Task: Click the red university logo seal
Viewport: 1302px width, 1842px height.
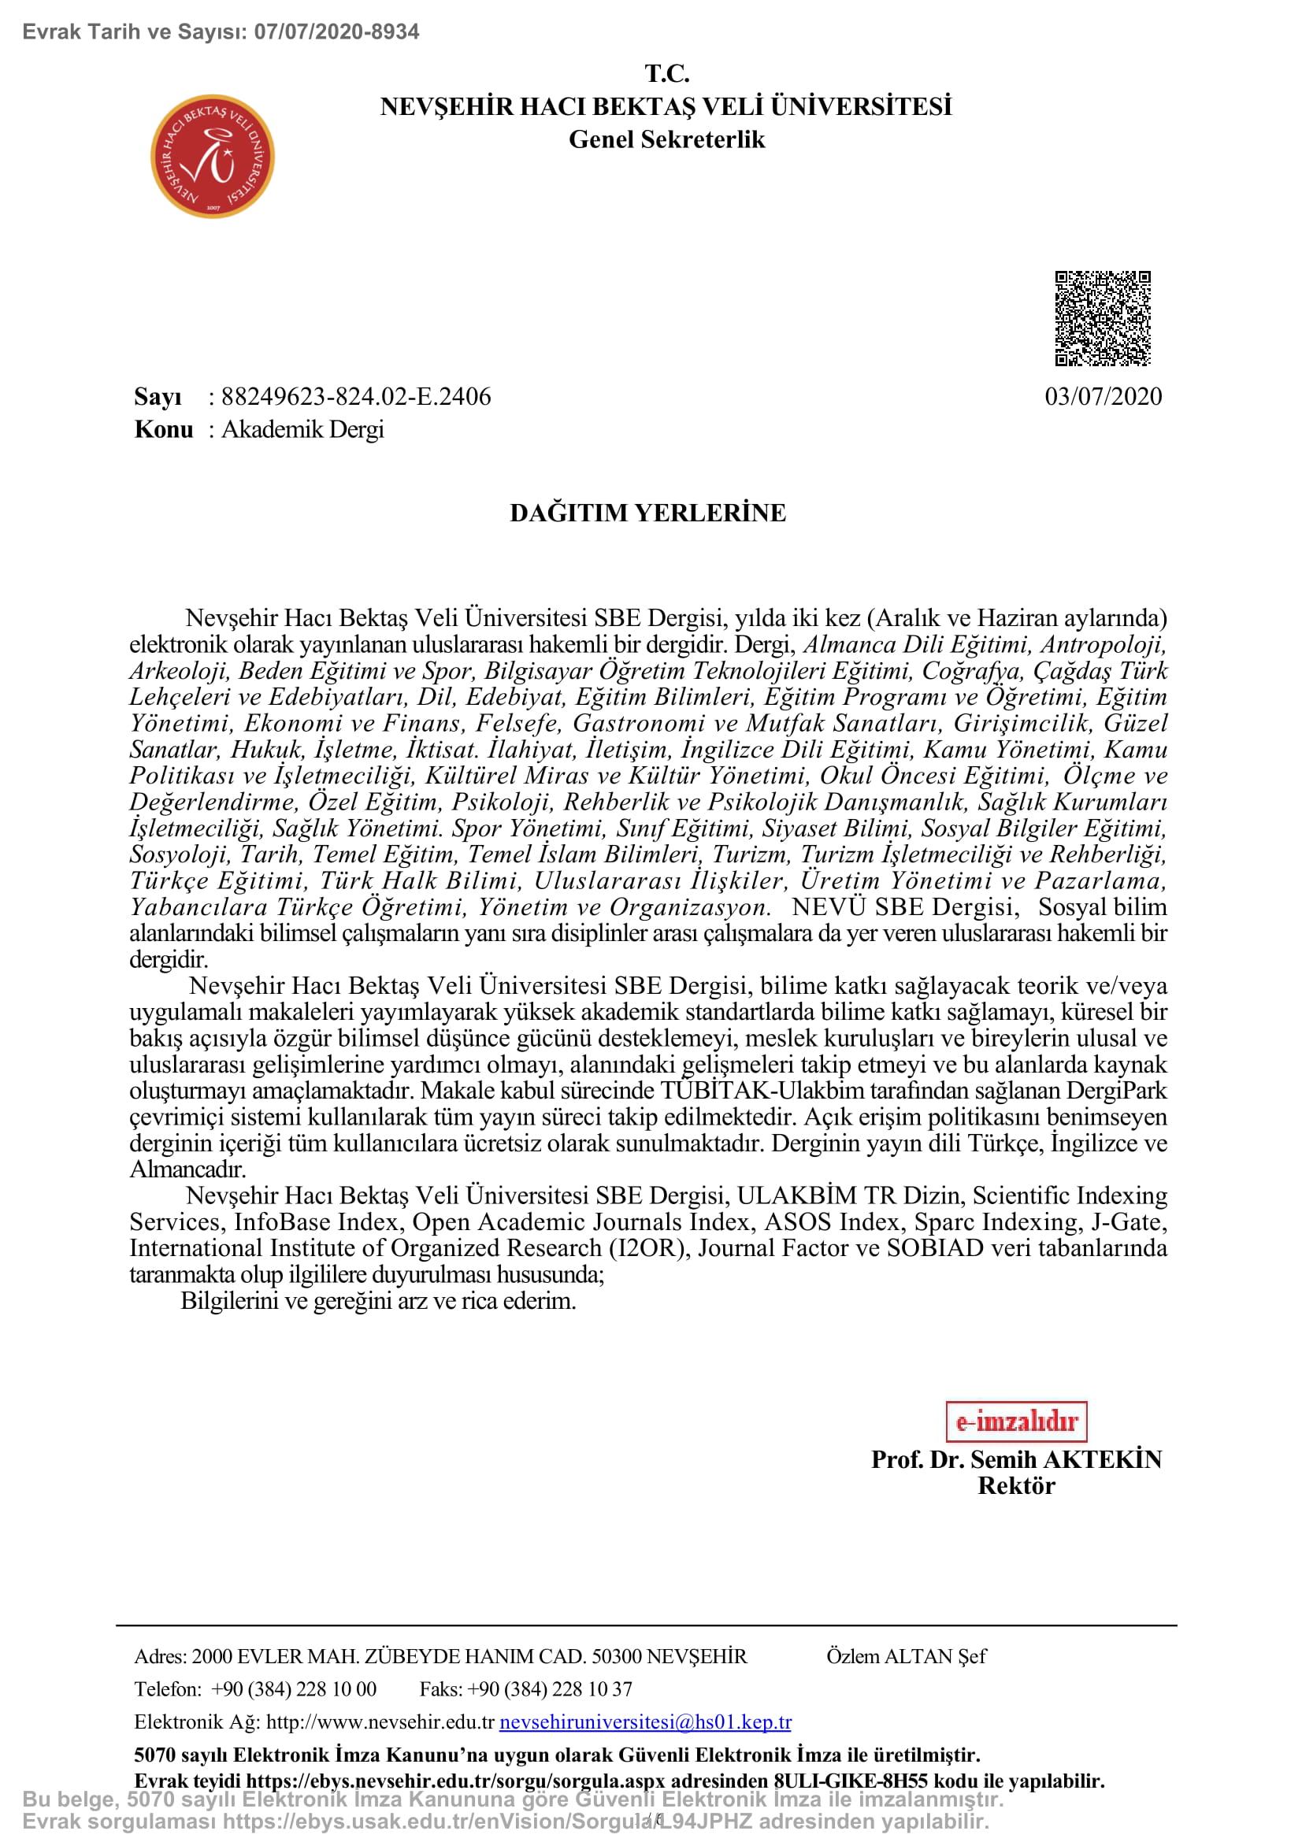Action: (213, 157)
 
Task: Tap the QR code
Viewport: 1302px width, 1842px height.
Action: (1102, 318)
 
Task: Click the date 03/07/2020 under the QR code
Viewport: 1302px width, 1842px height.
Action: (1103, 396)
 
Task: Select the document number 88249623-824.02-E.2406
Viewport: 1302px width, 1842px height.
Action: (355, 396)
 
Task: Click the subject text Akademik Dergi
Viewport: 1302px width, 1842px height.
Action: (302, 429)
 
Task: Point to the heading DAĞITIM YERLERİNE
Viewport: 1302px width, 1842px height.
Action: (647, 513)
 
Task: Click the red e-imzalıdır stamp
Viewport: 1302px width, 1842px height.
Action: (1015, 1421)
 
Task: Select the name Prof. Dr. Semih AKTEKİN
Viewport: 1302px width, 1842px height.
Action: (1015, 1459)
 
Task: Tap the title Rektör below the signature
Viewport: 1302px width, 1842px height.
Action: (1015, 1486)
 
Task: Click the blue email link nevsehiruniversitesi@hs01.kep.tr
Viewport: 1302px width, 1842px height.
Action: (645, 1722)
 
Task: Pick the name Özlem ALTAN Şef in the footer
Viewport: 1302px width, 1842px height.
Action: (906, 1656)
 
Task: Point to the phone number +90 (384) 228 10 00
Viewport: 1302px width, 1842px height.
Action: (294, 1688)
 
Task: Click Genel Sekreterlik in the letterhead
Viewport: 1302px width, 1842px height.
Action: (666, 139)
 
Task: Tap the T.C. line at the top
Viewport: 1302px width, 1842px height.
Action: (666, 73)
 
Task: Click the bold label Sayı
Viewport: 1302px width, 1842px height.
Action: (158, 396)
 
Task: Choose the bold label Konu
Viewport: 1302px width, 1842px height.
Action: (164, 429)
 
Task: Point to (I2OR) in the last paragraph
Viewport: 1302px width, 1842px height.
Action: (650, 1247)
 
